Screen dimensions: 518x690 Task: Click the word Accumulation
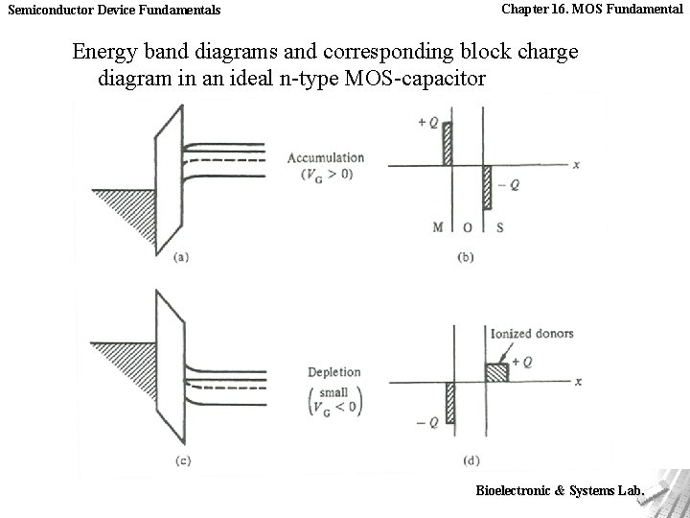(326, 157)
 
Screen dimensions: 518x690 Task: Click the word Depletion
(334, 372)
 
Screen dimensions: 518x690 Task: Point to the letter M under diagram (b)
(438, 227)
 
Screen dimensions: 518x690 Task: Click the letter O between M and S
(467, 227)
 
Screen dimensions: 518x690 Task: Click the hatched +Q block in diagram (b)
(447, 144)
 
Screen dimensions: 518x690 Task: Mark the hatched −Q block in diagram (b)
(487, 188)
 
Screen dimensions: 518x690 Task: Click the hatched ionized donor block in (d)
(495, 373)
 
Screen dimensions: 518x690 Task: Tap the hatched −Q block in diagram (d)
(448, 402)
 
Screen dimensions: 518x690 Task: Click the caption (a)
(180, 257)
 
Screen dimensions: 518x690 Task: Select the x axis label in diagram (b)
(576, 165)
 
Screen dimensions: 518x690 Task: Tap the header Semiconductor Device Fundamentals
(114, 10)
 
